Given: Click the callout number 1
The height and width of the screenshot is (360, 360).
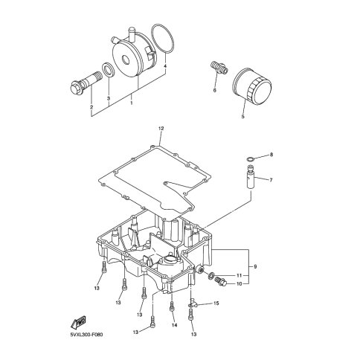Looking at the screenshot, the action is pos(132,103).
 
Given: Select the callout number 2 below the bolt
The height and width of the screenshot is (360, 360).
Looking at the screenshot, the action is pos(91,107).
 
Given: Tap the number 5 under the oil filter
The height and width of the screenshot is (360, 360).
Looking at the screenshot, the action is pos(242,116).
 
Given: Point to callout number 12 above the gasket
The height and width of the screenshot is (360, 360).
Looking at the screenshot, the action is pos(161,129).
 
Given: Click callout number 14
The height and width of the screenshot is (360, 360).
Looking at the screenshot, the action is pos(174,325).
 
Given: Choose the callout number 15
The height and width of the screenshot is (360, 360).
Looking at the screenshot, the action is pos(216,303).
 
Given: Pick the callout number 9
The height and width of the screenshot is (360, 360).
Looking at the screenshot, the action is pos(255,267).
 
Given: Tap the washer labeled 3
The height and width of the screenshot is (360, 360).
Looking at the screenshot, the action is pos(108,70).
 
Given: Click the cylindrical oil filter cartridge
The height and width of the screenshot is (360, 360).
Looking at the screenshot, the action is pos(252,87).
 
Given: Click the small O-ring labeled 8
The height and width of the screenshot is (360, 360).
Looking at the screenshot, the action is pos(251,158).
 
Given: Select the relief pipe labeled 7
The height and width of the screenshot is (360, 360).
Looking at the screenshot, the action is pos(251,178).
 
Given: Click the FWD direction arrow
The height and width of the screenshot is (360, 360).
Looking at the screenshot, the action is pos(78,322).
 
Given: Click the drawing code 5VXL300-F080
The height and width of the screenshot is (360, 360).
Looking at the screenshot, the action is pos(86,335).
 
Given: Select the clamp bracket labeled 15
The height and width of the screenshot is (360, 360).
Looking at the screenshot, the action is pos(193,303).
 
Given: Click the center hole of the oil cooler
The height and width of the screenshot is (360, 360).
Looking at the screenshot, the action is pos(125,60).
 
